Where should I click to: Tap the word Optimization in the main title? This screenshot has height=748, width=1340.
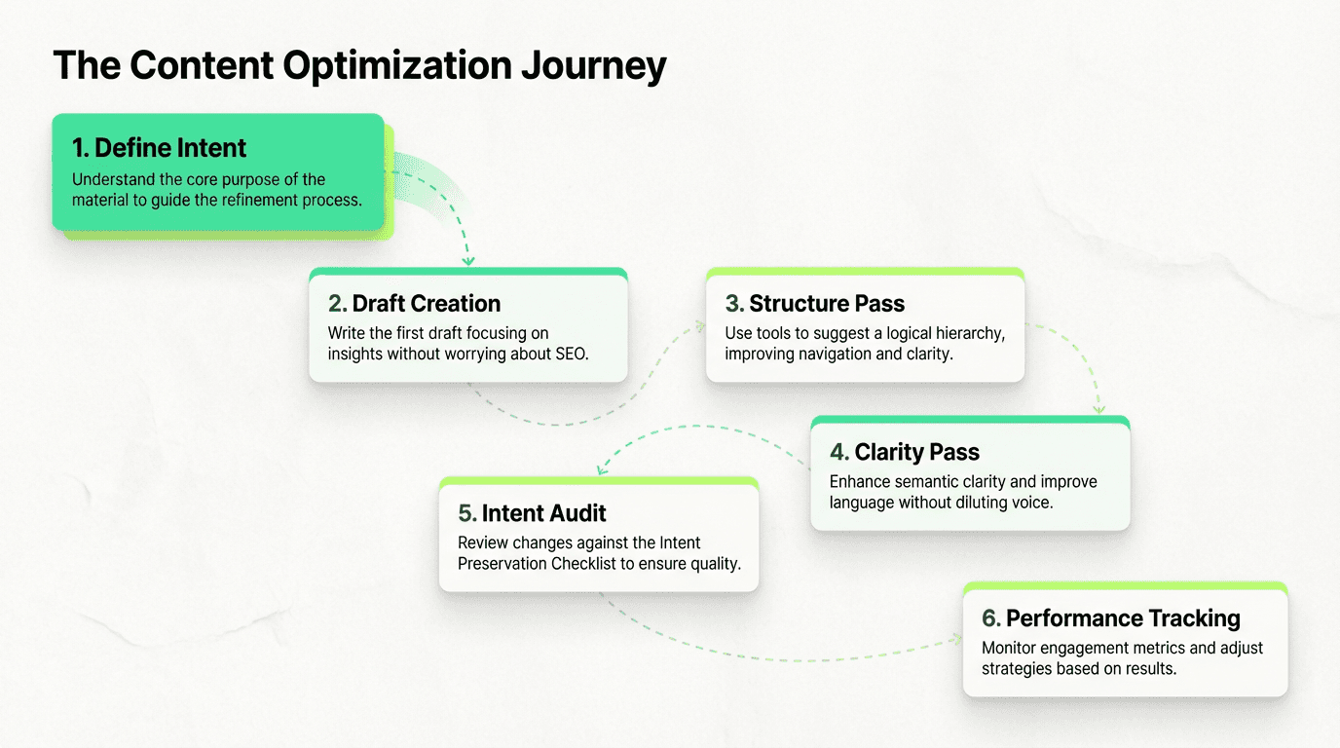398,66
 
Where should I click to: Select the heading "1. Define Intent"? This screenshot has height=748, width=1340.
160,148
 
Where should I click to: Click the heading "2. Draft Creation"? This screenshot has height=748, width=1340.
414,303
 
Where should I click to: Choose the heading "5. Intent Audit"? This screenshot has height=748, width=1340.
532,513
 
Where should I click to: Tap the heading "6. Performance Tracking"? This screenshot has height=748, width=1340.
1111,618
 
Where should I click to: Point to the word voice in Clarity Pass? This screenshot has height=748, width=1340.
1031,503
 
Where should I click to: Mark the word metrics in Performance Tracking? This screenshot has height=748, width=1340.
1159,648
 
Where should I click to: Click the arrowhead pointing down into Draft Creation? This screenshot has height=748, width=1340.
468,260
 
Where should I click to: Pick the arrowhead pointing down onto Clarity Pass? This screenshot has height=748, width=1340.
1099,409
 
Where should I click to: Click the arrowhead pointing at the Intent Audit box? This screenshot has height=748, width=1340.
603,469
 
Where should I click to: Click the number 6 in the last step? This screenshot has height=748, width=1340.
989,618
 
